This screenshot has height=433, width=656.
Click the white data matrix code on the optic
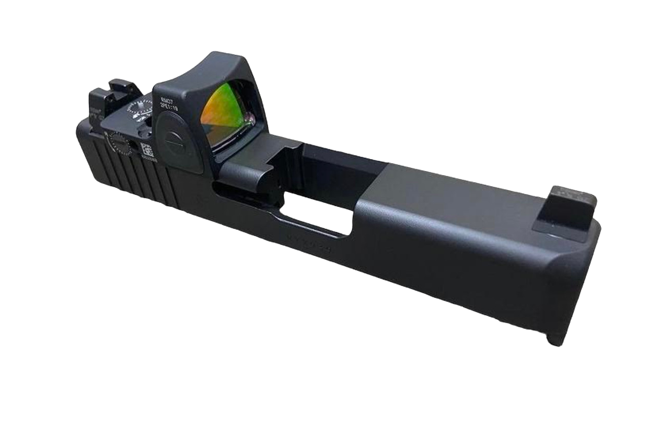pos(147,149)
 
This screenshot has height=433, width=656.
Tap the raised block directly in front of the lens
pos(251,169)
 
